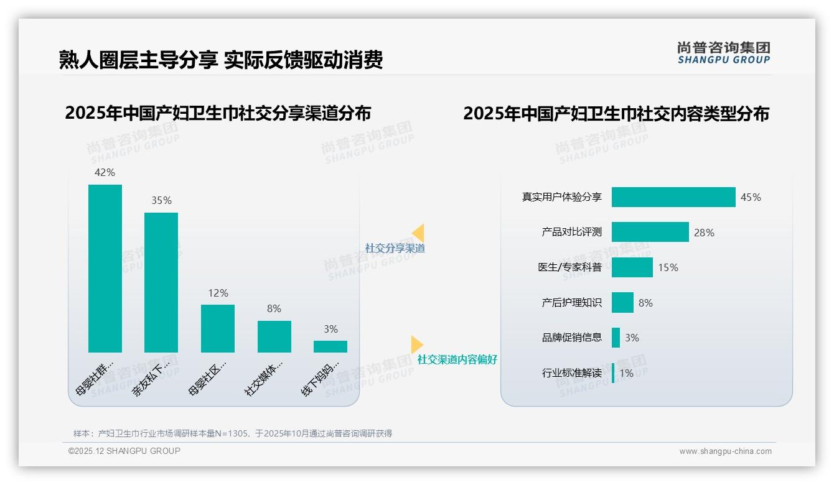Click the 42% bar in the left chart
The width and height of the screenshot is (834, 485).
click(x=105, y=268)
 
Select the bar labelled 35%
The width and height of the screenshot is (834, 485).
click(x=161, y=282)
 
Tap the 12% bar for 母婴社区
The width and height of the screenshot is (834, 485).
click(x=218, y=328)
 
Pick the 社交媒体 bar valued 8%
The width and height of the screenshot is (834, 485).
click(x=274, y=336)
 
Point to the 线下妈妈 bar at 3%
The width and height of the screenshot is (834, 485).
click(x=330, y=346)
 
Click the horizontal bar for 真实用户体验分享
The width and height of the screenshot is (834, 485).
click(x=673, y=197)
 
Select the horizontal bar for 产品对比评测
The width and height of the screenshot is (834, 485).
click(x=650, y=232)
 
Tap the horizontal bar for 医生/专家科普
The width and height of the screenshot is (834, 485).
click(x=632, y=267)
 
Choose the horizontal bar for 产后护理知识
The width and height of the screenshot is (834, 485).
click(x=622, y=303)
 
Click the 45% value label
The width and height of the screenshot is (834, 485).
click(x=751, y=197)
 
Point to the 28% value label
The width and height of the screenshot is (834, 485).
click(x=704, y=233)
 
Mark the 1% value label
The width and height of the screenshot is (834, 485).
click(x=626, y=373)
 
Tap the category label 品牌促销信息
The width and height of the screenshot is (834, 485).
click(x=571, y=338)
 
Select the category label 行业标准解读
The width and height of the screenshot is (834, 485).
click(x=571, y=373)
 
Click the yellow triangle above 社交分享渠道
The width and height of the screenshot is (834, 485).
click(x=418, y=233)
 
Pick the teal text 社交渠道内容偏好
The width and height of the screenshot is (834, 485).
click(x=457, y=359)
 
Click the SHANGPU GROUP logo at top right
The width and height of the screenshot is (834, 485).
click(x=723, y=53)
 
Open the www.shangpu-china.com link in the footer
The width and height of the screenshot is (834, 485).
click(x=725, y=451)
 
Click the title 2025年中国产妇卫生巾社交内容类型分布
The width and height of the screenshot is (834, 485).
click(x=616, y=114)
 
